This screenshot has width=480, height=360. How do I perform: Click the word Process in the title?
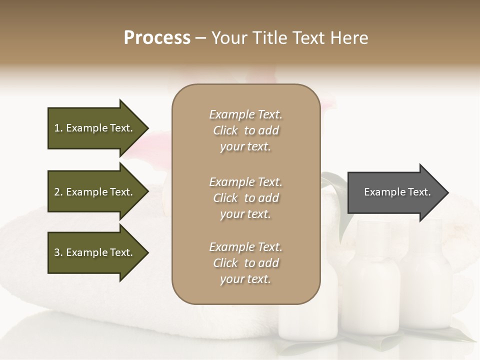[157, 38]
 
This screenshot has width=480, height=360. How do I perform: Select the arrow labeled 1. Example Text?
[95, 128]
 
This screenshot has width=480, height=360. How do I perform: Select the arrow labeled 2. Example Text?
[95, 192]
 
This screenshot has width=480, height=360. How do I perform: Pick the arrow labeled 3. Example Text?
[95, 252]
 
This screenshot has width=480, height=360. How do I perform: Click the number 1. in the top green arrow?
[58, 128]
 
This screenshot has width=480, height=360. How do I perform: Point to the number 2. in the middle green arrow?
[58, 192]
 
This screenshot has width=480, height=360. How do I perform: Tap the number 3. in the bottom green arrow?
[58, 252]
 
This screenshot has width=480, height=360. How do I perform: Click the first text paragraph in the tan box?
[245, 130]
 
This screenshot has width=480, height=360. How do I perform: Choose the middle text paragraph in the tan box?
[245, 198]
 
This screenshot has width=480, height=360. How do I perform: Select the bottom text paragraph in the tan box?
[245, 263]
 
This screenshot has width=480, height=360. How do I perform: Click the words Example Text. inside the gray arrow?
[397, 192]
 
